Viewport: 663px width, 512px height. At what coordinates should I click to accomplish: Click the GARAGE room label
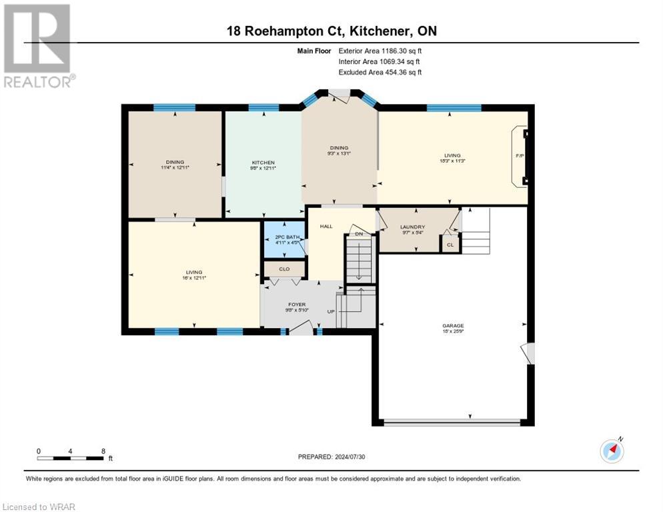tap(452, 326)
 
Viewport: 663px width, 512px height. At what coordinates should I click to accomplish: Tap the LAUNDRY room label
tap(412, 227)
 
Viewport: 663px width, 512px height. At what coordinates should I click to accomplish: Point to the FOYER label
tap(296, 304)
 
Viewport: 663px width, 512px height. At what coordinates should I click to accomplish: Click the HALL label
tap(326, 227)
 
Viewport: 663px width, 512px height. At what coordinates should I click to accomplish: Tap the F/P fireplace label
tap(520, 156)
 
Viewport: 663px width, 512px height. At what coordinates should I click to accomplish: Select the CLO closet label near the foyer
tap(284, 269)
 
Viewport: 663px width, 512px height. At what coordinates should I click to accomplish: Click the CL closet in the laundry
tap(450, 245)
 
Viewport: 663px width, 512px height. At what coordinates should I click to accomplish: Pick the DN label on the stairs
tap(358, 234)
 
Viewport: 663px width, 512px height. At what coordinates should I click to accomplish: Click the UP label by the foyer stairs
tap(330, 311)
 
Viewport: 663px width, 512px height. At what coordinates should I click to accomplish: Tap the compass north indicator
tap(612, 451)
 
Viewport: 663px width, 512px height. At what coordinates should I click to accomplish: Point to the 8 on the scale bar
tap(102, 451)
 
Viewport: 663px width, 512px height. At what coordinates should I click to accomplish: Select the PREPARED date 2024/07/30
tap(331, 457)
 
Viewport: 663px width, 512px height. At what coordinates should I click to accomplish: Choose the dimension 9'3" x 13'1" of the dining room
tap(339, 153)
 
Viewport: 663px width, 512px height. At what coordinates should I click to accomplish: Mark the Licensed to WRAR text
tap(39, 507)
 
